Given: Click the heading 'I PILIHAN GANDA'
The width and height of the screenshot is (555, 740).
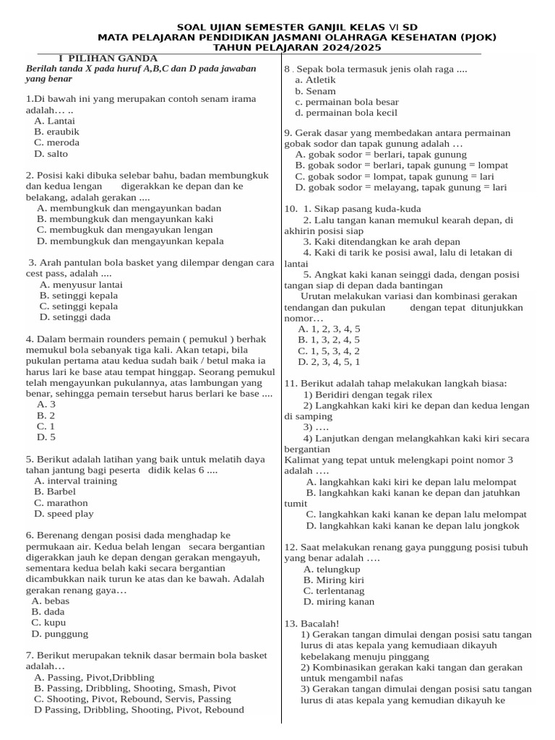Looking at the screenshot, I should tap(108, 59).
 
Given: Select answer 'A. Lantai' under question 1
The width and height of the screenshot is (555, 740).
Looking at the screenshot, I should tap(54, 121).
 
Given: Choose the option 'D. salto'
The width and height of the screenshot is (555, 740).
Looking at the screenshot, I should tap(51, 153).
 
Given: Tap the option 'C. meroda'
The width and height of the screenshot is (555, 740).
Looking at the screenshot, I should tap(56, 142).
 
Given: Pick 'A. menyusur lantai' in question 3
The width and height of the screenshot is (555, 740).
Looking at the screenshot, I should tap(81, 285).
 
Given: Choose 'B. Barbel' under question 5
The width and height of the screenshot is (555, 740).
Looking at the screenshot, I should tap(55, 491).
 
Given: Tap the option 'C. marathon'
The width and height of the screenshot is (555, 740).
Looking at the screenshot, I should tap(61, 503).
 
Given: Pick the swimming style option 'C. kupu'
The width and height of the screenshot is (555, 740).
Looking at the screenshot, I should tap(48, 622).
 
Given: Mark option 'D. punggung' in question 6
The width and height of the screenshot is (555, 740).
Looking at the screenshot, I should tap(60, 634).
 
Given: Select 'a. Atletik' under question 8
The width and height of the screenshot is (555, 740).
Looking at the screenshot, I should tap(316, 80).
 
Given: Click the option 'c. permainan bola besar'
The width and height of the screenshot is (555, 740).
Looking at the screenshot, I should tap(346, 103).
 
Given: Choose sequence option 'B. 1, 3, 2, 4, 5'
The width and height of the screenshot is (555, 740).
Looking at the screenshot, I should tap(329, 340).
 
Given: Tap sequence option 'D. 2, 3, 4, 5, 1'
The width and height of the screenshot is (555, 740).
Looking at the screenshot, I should tap(329, 361).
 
